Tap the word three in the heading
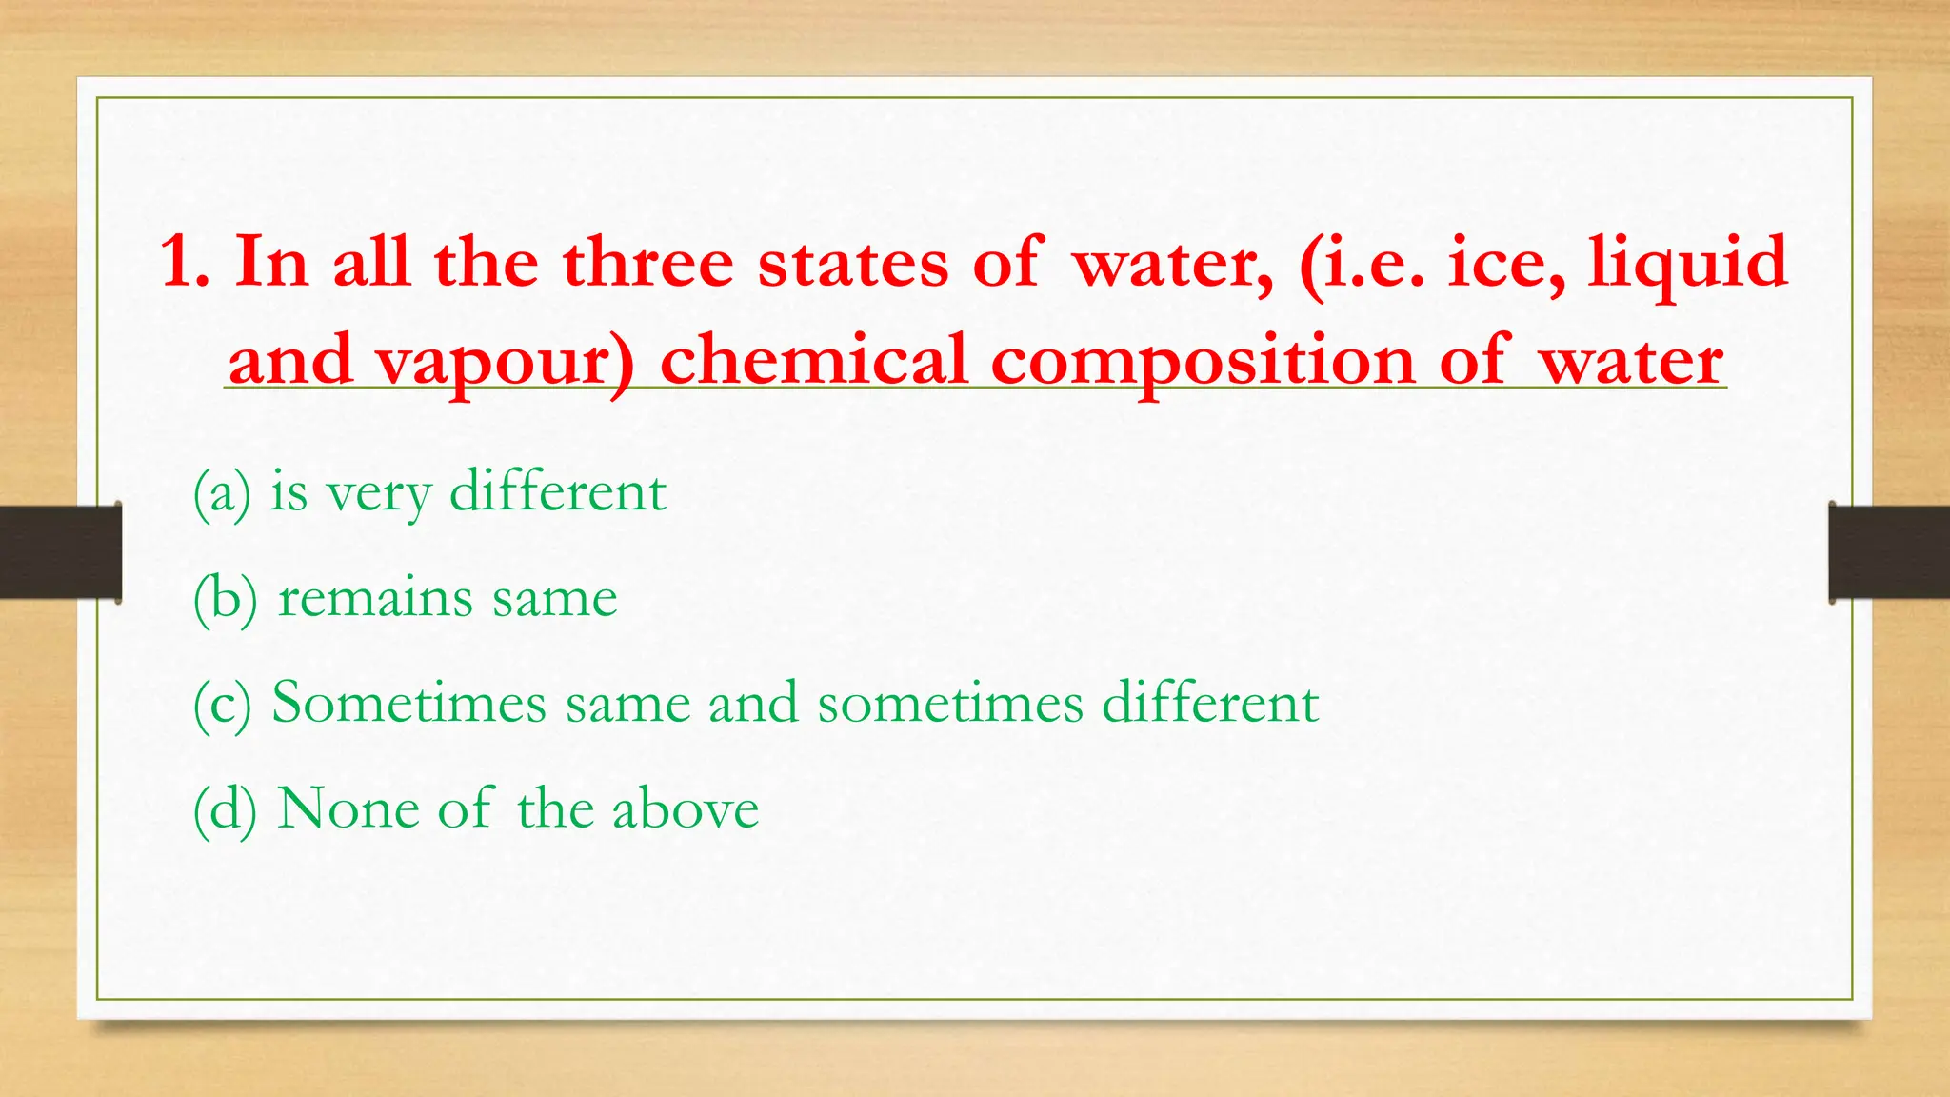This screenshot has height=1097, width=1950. tap(647, 262)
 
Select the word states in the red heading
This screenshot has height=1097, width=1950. tap(853, 262)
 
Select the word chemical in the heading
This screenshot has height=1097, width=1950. tap(814, 360)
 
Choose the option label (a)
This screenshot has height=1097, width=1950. tap(222, 493)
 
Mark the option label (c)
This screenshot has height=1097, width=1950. tap(222, 705)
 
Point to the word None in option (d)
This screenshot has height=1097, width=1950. tap(348, 808)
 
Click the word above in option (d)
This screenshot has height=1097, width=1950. tap(685, 808)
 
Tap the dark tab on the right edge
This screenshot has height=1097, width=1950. tap(1889, 552)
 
